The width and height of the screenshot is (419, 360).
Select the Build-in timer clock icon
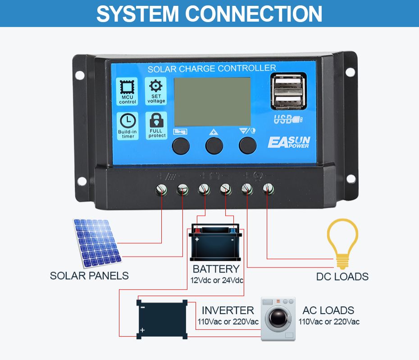coord(128,121)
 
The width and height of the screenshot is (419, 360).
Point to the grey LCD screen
coord(212,101)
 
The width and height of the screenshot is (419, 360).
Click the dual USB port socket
coord(288,91)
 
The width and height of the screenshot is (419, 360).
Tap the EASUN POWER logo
coord(289,142)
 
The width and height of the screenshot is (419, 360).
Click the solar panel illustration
coord(97,242)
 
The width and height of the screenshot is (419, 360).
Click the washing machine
coord(278,319)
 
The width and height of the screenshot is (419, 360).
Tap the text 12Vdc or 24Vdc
coord(217,281)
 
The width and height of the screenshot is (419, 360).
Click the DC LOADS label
coord(342,277)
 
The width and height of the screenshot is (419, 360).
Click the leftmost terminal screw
coord(161,189)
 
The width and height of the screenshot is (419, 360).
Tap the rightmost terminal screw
coord(268,188)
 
